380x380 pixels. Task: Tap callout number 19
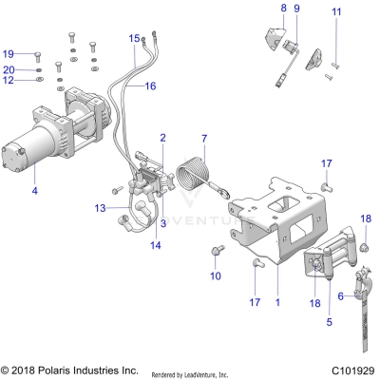[9, 53]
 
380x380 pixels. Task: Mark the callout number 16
[150, 85]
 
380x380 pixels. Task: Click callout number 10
[215, 275]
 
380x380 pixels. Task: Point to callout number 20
[9, 69]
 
